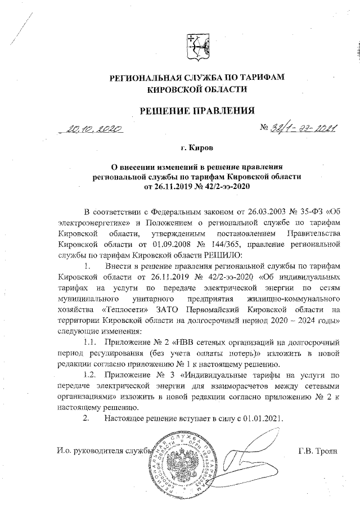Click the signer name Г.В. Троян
tap(317, 451)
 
